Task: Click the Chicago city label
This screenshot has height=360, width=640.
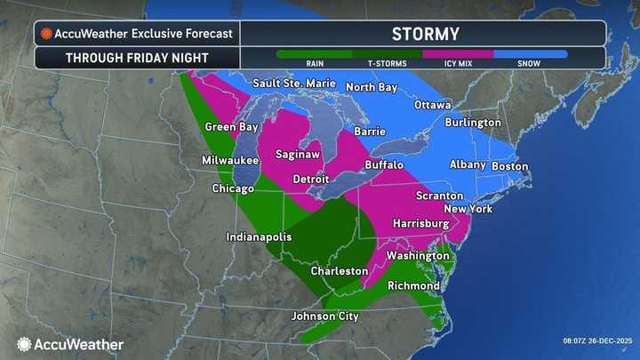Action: coord(233,188)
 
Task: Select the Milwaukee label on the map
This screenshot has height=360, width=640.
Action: coord(229,160)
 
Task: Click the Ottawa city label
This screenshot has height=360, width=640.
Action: coord(433,104)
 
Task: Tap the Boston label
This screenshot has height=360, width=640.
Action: coord(509,166)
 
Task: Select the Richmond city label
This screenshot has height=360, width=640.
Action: coord(413,286)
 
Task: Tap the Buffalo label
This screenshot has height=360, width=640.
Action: coord(384,165)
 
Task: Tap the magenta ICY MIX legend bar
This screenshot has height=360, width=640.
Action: coord(457,53)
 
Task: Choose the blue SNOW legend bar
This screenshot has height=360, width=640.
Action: coord(530,53)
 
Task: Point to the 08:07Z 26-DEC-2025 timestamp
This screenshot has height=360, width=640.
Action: coord(596,340)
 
